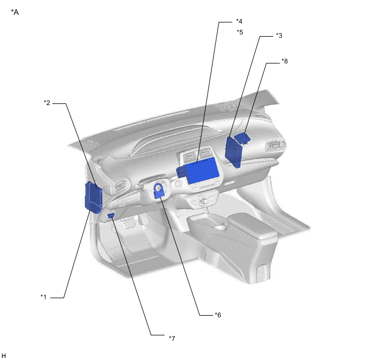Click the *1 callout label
43,297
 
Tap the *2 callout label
47,103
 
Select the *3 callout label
279,36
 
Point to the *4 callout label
239,21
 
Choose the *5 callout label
240,32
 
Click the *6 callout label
218,315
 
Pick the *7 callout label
172,338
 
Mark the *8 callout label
285,61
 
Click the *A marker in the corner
15,12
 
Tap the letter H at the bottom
4,356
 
